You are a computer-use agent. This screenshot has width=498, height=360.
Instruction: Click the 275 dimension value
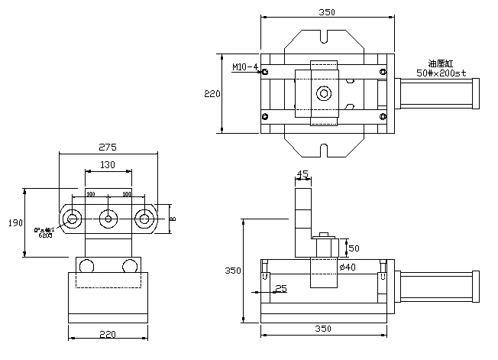coord(108,147)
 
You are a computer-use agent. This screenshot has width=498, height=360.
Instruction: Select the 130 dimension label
coord(108,165)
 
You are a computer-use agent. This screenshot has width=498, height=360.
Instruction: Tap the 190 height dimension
coord(15,222)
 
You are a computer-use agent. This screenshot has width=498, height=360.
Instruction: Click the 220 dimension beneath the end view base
coord(108,333)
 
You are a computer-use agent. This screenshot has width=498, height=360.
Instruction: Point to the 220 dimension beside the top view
coord(212,94)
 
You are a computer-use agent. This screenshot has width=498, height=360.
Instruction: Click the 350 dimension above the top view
coord(327,13)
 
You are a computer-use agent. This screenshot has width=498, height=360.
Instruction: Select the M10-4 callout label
coord(244,66)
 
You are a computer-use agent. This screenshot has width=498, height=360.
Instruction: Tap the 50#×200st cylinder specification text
coord(441,72)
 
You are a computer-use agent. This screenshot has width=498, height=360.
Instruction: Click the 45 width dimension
coord(302,174)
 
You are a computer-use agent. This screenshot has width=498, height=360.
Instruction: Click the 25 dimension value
coord(281,288)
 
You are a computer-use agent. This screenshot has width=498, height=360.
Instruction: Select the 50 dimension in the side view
coord(354,248)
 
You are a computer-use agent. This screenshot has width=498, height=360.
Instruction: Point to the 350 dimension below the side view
coord(323,329)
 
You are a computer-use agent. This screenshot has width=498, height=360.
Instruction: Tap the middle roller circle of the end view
coord(108,219)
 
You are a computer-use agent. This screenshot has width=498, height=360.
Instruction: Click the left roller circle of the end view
coord(73,219)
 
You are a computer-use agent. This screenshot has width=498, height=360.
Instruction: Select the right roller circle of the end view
coord(143,219)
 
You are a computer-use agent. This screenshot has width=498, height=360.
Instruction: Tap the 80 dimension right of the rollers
coord(173,219)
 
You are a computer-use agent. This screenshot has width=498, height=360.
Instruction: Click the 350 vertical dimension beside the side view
coord(234,271)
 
